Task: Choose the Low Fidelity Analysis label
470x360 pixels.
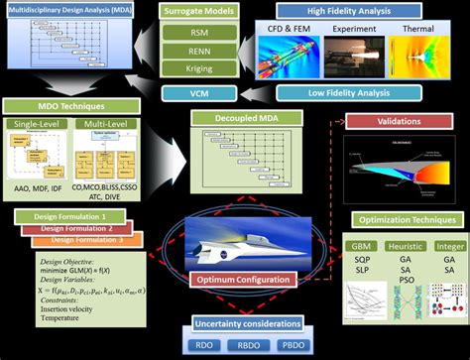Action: (x=342, y=92)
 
